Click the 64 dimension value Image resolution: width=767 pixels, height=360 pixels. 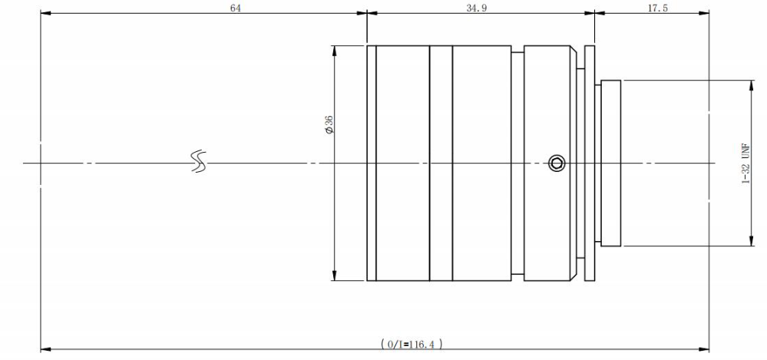point(236,8)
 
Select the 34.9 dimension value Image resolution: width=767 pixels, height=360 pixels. point(477,8)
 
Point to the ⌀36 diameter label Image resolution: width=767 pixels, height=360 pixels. point(329,125)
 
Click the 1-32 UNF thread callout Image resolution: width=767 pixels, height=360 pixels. point(746,163)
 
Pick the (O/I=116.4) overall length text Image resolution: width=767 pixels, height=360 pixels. point(412,344)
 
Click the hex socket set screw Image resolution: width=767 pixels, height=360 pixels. point(556,163)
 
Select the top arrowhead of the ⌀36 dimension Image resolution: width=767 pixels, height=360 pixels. point(335,49)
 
